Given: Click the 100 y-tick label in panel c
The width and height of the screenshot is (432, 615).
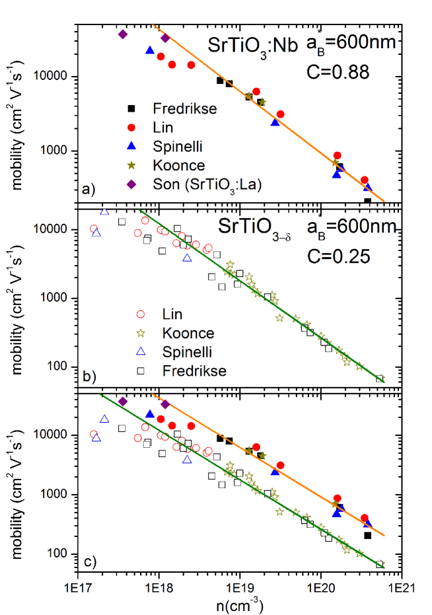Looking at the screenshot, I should (x=59, y=554).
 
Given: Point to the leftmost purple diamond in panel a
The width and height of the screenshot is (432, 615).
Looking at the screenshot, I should (x=122, y=34).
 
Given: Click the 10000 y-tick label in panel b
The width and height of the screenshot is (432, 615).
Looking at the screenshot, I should (x=53, y=229).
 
